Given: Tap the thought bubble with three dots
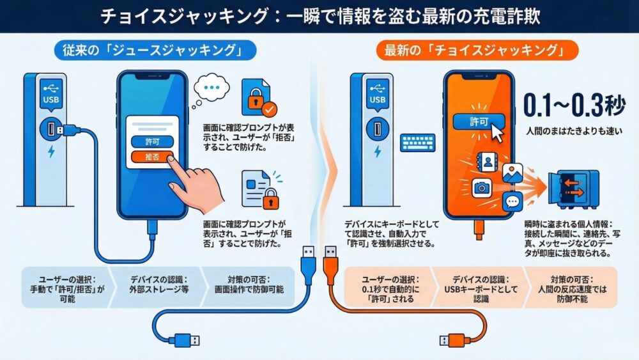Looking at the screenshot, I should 213,90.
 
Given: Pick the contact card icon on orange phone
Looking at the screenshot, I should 489,162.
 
